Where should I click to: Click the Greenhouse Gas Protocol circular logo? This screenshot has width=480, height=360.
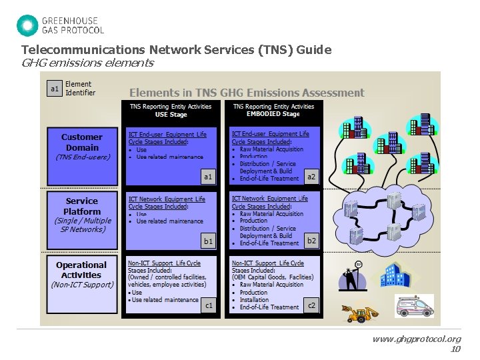(x=27, y=25)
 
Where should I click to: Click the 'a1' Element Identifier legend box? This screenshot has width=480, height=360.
(x=55, y=89)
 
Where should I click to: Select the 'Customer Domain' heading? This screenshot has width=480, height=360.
(x=82, y=142)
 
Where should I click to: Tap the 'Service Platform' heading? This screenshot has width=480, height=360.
(x=82, y=206)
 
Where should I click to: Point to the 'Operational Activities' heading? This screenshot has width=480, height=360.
(x=81, y=269)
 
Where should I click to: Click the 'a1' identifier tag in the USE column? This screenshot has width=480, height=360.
(x=208, y=177)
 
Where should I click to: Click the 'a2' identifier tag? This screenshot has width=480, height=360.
(x=311, y=176)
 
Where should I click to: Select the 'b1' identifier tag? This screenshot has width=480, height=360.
(x=208, y=241)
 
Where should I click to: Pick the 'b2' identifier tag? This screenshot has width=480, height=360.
(x=311, y=240)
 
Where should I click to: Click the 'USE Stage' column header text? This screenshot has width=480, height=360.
(x=170, y=114)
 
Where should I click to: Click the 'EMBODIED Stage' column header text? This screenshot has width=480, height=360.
(x=273, y=114)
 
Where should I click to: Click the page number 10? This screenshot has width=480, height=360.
(x=455, y=349)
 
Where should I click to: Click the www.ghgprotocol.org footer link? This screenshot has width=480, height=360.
(x=417, y=339)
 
